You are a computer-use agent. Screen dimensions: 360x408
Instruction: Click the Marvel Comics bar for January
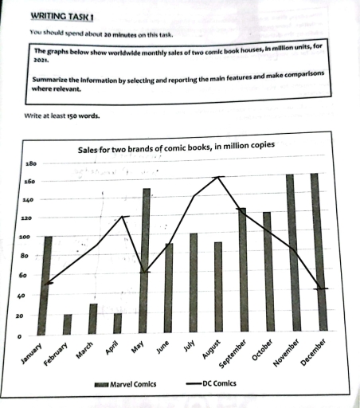click(47, 284)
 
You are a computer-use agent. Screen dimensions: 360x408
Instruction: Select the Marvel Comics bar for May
click(146, 261)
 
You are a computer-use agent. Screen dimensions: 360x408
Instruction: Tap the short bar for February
click(68, 324)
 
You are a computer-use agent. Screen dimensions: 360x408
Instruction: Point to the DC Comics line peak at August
click(219, 177)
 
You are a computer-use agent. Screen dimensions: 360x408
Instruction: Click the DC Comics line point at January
click(47, 282)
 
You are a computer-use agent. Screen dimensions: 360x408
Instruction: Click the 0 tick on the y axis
click(23, 336)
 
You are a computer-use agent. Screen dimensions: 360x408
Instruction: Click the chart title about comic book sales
click(177, 147)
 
